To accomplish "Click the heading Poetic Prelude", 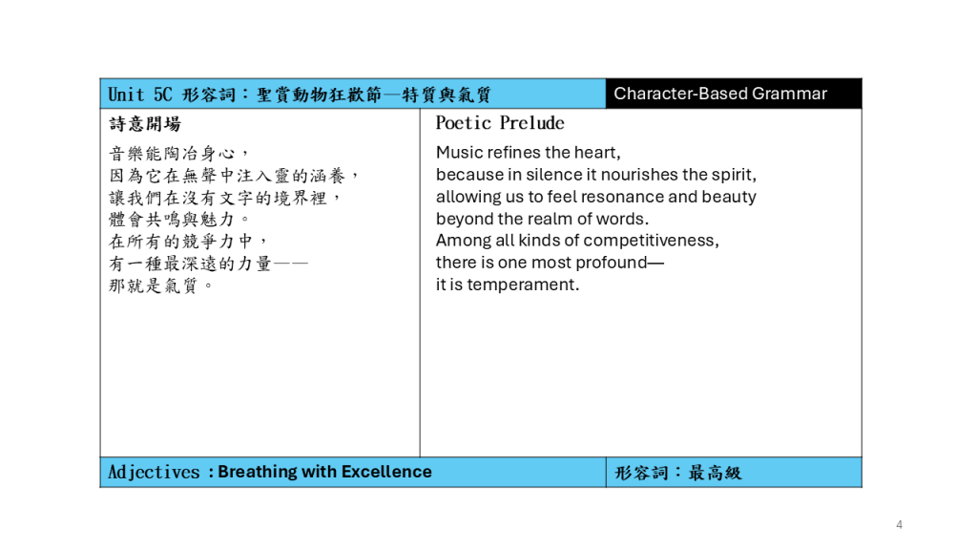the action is click(500, 123).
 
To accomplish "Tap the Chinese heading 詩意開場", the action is click(145, 124).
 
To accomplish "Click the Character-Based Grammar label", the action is click(720, 94).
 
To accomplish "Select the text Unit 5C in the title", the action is click(140, 95).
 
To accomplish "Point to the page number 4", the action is click(899, 524).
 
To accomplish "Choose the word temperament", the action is click(523, 285).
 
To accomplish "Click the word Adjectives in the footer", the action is click(154, 472).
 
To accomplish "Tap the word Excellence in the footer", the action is click(386, 472).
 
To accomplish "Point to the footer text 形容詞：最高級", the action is click(678, 473).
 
